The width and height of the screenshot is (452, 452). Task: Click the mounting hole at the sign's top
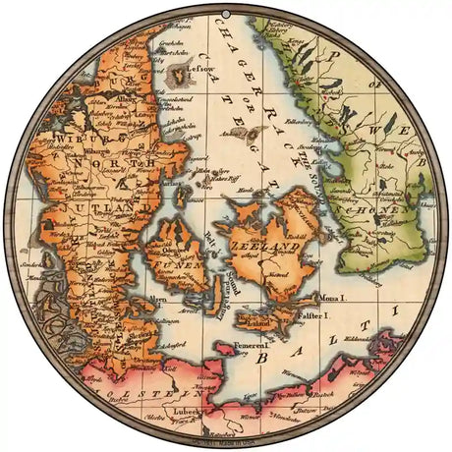coord(226,8)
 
